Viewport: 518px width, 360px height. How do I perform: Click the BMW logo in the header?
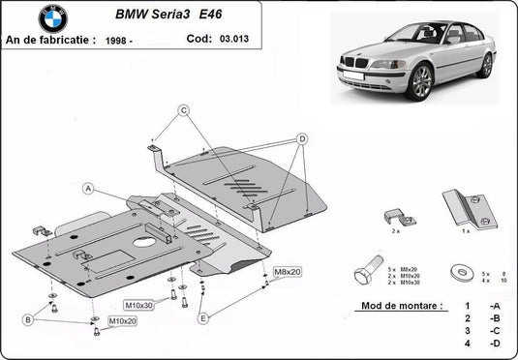[54, 18]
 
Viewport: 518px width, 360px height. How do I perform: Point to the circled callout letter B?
[29, 319]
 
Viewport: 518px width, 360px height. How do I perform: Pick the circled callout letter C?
[181, 110]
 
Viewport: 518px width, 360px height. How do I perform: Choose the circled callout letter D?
[302, 139]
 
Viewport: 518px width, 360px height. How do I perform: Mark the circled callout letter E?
[201, 317]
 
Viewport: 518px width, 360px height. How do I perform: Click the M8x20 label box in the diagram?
[288, 272]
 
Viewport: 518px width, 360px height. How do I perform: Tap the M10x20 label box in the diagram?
[122, 320]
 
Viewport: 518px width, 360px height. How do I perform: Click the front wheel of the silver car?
[420, 82]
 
